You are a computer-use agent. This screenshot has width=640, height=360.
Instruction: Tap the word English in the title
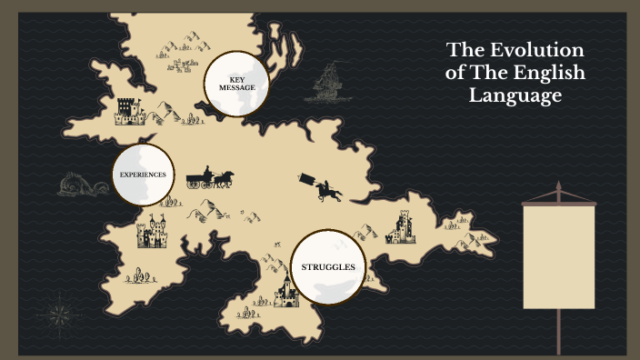tap(549, 73)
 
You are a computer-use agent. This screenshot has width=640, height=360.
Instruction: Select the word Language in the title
tap(515, 95)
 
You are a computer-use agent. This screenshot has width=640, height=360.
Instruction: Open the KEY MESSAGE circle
tap(236, 84)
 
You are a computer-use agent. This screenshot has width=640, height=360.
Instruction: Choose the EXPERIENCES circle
tap(143, 174)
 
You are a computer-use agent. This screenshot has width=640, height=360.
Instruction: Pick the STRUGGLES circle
tap(327, 266)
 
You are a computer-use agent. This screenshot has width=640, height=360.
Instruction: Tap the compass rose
tap(61, 314)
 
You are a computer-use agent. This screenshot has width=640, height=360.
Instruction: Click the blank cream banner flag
tap(558, 255)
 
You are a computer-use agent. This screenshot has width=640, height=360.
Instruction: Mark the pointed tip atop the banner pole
tap(558, 186)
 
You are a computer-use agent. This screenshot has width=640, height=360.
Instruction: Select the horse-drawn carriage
tap(210, 177)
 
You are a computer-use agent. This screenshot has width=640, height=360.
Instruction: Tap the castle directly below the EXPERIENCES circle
tap(152, 232)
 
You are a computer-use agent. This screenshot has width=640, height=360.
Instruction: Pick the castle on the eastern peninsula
tap(401, 226)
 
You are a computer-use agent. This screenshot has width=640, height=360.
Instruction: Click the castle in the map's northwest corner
tap(130, 111)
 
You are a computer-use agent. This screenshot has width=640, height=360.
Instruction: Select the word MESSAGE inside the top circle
tap(236, 88)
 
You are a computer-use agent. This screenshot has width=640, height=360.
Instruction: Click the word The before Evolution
tap(466, 51)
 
